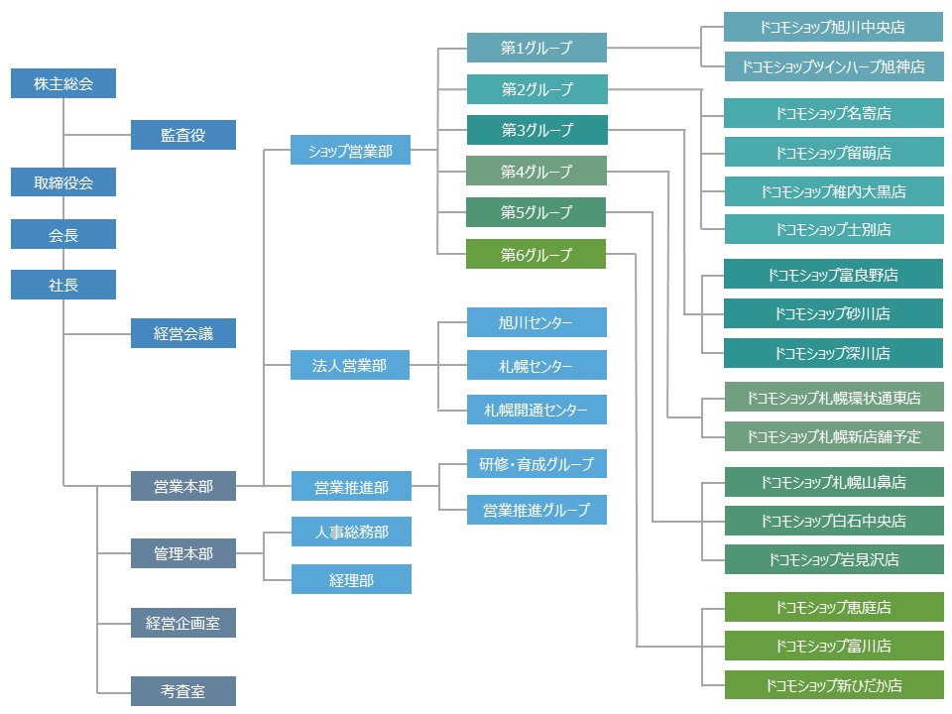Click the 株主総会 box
click(x=63, y=83)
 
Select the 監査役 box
click(x=183, y=135)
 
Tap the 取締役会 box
click(x=63, y=182)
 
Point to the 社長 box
click(x=63, y=285)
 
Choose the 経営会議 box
click(x=183, y=333)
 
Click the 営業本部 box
click(x=183, y=487)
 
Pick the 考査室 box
click(x=183, y=690)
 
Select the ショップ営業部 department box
click(x=350, y=150)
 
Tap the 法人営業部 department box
click(x=350, y=366)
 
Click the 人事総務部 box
click(x=350, y=532)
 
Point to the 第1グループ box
click(x=536, y=47)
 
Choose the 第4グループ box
click(x=536, y=171)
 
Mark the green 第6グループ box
click(x=536, y=254)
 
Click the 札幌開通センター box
click(x=536, y=410)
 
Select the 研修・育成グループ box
click(x=536, y=464)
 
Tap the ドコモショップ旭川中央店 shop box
click(x=833, y=27)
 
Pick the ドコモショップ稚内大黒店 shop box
click(x=833, y=191)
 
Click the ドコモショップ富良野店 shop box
click(x=833, y=275)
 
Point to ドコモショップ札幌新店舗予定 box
click(x=833, y=436)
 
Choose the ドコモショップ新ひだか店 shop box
click(x=833, y=685)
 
